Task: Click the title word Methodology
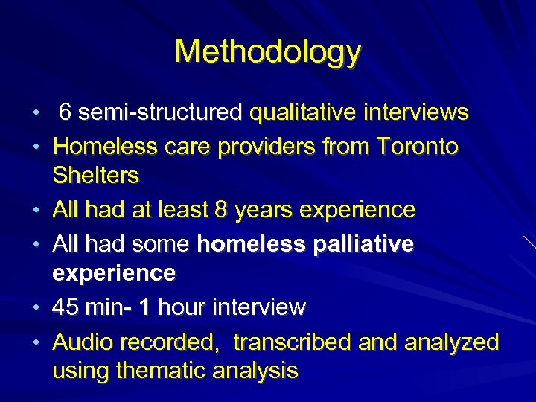coord(268,52)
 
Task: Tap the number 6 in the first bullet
coord(66,113)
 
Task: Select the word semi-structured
coord(161,113)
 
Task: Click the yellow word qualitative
coord(306,113)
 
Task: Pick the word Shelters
coord(95,176)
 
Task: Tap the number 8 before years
coord(220,210)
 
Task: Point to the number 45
coord(67,307)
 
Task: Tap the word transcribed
coord(292,342)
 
